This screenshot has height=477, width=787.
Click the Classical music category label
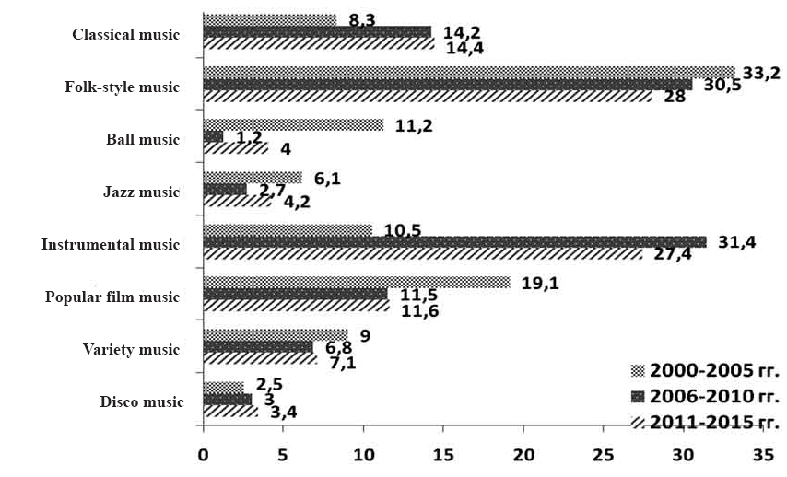[x=125, y=35]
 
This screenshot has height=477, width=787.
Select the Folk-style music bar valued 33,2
[x=468, y=72]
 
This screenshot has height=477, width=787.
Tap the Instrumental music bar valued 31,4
[x=454, y=242]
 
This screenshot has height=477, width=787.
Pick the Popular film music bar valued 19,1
[x=356, y=283]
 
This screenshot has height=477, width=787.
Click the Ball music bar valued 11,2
[x=293, y=125]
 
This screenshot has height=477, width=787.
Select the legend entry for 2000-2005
[x=704, y=371]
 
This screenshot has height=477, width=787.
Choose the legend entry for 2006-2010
[x=704, y=397]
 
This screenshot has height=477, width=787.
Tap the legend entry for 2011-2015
[x=704, y=423]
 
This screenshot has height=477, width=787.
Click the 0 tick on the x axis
[x=203, y=455]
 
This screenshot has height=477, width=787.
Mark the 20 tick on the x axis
[x=523, y=455]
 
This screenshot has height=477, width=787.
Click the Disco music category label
[x=141, y=401]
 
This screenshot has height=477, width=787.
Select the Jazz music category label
[x=143, y=192]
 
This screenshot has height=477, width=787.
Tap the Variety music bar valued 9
[x=275, y=335]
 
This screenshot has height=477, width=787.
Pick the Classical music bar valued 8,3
[x=269, y=19]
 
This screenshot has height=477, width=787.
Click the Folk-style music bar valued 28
[x=427, y=96]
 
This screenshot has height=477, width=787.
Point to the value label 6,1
[x=327, y=179]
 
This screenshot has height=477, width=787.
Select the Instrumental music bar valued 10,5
[x=288, y=230]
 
